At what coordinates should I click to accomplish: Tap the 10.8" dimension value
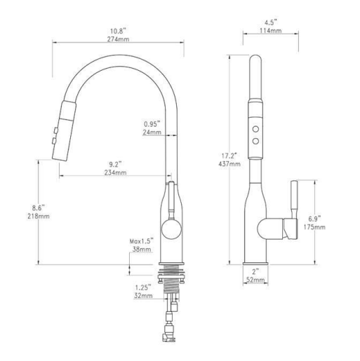118,32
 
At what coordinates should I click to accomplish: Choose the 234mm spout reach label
116,172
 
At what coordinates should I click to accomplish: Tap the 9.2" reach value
116,163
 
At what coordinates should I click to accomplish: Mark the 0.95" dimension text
150,123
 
